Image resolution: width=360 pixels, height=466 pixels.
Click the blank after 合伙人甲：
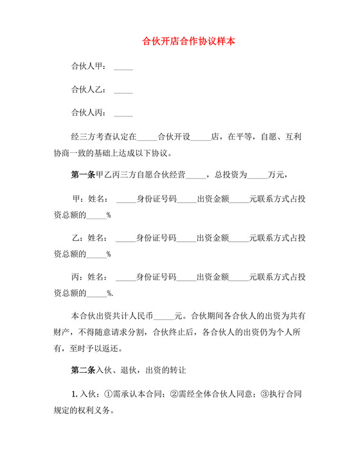123,67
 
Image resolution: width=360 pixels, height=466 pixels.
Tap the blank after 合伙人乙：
123,90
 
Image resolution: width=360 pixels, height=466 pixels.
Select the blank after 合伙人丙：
123,113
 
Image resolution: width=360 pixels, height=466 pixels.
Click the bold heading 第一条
82,175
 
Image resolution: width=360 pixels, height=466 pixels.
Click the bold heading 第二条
82,370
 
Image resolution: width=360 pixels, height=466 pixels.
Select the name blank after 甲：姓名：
126,199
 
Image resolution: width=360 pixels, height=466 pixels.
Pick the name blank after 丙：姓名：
126,277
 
